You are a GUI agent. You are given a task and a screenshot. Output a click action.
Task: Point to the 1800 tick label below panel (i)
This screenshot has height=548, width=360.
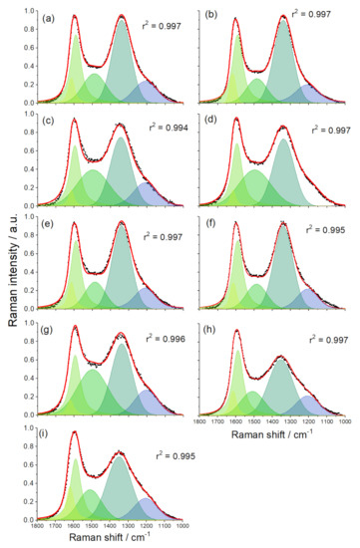[37, 525]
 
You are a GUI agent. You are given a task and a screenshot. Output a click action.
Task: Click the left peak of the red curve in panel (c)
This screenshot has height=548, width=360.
[73, 120]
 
